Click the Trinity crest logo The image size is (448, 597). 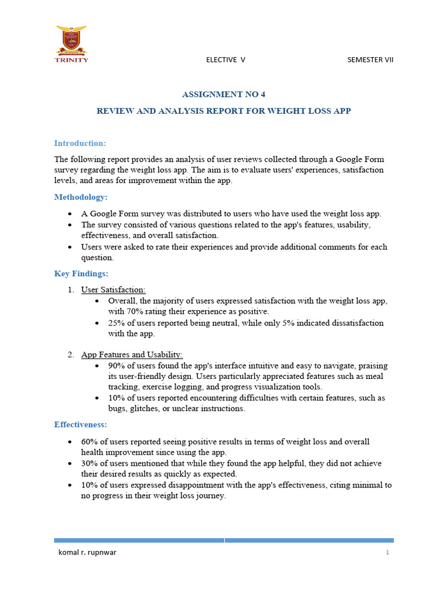[x=71, y=40]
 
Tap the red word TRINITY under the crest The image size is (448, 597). [x=71, y=59]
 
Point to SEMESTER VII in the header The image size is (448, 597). [x=370, y=59]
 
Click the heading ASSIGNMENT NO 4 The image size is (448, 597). [x=223, y=94]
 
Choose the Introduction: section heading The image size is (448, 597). [x=80, y=143]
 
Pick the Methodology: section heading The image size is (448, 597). [x=81, y=197]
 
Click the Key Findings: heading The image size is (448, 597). [x=81, y=273]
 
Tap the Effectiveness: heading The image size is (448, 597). [x=80, y=424]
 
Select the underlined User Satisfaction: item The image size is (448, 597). [x=113, y=289]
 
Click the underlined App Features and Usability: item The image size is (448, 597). [x=132, y=354]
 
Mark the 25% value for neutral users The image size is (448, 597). [x=117, y=322]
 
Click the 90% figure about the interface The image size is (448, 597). [x=117, y=366]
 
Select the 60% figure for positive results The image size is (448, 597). [x=90, y=441]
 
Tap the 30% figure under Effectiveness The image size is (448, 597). [x=90, y=463]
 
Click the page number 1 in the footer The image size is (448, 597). [x=387, y=553]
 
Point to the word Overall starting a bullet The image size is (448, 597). [x=123, y=301]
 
